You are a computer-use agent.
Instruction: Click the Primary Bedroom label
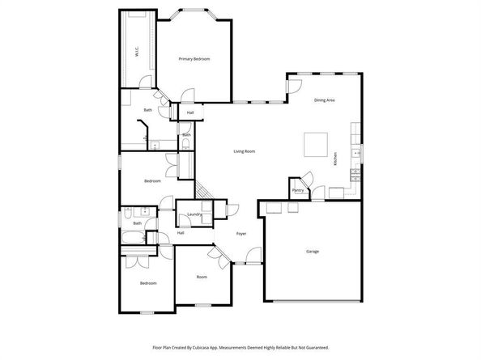[194, 60]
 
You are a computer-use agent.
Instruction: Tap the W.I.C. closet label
[136, 54]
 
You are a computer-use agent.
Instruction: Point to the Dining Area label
[325, 100]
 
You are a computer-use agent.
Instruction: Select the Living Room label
[245, 151]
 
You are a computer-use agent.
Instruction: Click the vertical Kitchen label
[334, 160]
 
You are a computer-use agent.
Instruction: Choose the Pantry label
[298, 192]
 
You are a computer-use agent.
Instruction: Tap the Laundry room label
[194, 214]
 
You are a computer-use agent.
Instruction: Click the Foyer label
[240, 234]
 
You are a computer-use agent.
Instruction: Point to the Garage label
[312, 252]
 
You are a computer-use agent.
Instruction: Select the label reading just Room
[202, 277]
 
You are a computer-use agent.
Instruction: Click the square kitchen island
[315, 145]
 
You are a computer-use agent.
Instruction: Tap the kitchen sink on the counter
[354, 153]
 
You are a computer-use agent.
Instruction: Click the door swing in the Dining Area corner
[294, 83]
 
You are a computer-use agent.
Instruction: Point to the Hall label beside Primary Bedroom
[189, 112]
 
